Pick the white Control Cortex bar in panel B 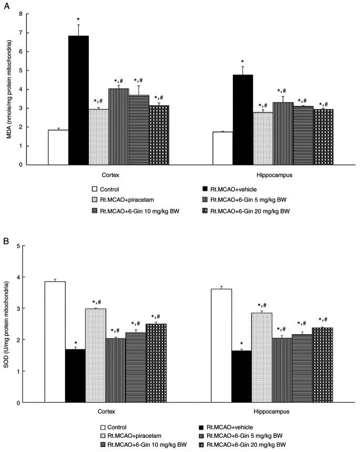coord(55,342)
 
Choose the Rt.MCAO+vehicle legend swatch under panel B coord(203,427)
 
